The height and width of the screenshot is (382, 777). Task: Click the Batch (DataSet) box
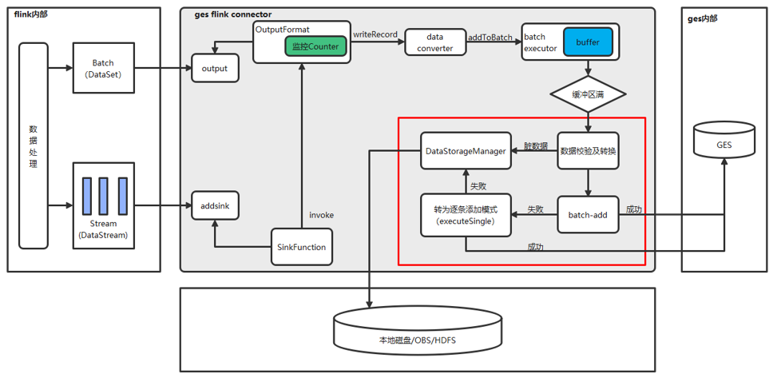point(103,68)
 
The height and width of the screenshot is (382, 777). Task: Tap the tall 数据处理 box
point(33,145)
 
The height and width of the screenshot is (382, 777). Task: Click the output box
point(215,68)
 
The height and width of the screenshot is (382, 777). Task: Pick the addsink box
point(215,205)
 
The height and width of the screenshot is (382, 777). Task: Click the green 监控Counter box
point(316,46)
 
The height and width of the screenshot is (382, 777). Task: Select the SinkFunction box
point(301,247)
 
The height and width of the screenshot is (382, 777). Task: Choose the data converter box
point(434,42)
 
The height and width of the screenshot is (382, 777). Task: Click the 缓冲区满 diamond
point(588,94)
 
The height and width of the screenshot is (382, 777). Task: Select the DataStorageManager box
point(466,150)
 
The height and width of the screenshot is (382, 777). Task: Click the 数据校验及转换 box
point(588,150)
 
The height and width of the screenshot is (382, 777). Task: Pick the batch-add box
point(588,215)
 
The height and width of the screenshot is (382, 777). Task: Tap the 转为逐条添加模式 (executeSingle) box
point(466,215)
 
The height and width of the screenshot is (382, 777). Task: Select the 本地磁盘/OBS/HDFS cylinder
point(418,331)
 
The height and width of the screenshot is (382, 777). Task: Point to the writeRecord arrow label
point(375,34)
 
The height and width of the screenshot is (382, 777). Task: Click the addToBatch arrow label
point(490,37)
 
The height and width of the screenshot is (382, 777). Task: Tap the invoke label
point(322,215)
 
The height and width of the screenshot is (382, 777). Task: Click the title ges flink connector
point(233,14)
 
